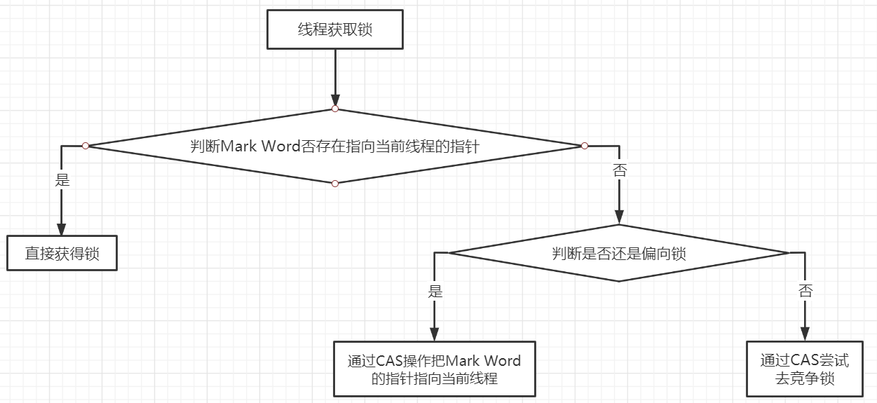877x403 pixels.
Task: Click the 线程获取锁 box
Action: [x=335, y=30]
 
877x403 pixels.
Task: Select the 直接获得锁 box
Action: [x=62, y=253]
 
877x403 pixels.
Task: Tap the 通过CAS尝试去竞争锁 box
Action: [x=804, y=369]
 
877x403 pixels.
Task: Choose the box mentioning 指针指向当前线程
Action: [x=434, y=369]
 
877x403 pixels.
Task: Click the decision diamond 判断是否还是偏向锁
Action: [x=618, y=253]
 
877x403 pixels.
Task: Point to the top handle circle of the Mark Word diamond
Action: [x=335, y=109]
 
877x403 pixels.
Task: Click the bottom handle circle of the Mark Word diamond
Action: [x=335, y=184]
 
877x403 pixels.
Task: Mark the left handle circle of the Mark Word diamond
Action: [x=86, y=146]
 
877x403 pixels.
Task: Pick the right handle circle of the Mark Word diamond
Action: [x=584, y=146]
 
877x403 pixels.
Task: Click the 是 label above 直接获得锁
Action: [x=62, y=180]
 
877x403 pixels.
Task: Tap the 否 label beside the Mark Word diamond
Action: [x=619, y=170]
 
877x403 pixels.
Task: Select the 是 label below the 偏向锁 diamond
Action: [x=435, y=291]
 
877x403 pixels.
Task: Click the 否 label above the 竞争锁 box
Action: [x=805, y=291]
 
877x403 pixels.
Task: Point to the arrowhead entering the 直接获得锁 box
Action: [x=62, y=229]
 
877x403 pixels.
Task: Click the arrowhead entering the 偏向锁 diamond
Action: [x=618, y=218]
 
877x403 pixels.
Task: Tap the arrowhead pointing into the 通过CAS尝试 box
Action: [x=804, y=334]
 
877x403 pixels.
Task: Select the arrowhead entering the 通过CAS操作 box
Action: [x=435, y=334]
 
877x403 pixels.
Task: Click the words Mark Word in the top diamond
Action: [x=261, y=146]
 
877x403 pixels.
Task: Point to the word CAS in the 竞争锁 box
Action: [x=805, y=361]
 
